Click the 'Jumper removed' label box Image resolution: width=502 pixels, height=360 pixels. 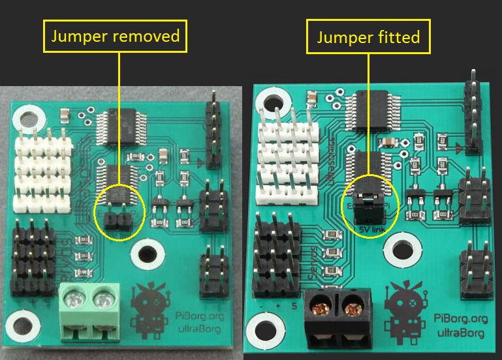coord(115,35)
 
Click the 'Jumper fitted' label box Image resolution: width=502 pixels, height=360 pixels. coord(368,37)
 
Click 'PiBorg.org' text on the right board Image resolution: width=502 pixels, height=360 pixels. coord(460,318)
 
